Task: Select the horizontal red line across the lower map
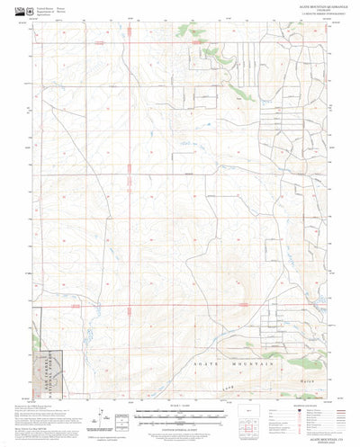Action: point(180,306)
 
